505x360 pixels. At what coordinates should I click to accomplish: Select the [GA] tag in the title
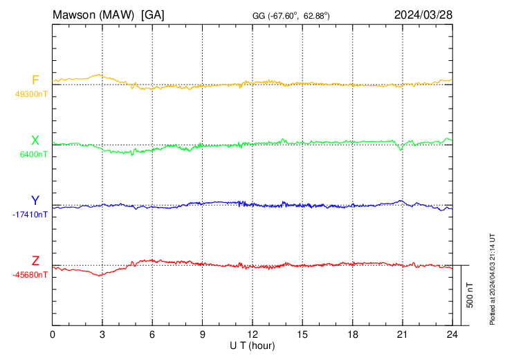click(x=152, y=15)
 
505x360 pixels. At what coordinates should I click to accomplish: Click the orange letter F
click(x=35, y=80)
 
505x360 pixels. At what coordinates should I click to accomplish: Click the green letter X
click(x=35, y=141)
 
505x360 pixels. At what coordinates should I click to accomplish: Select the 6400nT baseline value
click(x=32, y=154)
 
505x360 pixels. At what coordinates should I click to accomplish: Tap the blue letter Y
click(x=35, y=201)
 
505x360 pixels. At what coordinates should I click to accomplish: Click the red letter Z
click(x=35, y=261)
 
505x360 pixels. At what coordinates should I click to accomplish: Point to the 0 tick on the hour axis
click(x=53, y=334)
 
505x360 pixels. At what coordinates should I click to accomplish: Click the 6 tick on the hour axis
click(x=152, y=334)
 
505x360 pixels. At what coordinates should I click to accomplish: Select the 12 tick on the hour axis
click(x=252, y=334)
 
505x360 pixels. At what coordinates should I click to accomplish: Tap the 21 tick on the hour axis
click(x=402, y=334)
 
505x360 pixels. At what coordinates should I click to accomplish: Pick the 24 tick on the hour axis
click(x=452, y=334)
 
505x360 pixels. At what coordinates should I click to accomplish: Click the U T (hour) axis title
click(x=252, y=345)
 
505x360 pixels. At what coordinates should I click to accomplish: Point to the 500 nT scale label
click(x=470, y=295)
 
